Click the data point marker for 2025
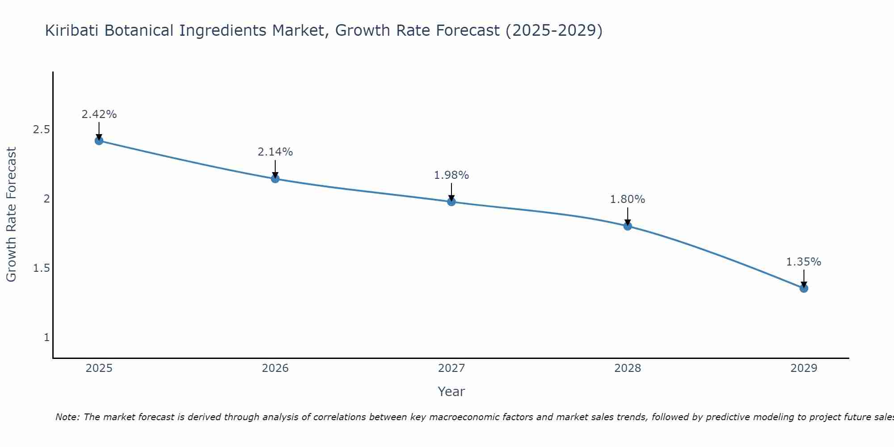click(x=99, y=141)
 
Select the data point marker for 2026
click(x=275, y=179)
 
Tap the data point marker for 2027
click(x=451, y=202)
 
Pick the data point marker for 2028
click(x=628, y=226)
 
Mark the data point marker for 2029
click(x=804, y=288)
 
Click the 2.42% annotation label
click(x=99, y=114)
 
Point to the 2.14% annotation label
click(x=275, y=152)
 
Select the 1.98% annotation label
click(x=451, y=175)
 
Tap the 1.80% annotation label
click(x=628, y=199)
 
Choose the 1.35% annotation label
click(x=804, y=262)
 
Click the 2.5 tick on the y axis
click(x=41, y=130)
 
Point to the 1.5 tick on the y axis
click(x=41, y=268)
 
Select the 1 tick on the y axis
click(x=46, y=337)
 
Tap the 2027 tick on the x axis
click(x=451, y=368)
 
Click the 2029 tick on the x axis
click(x=804, y=368)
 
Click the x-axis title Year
click(x=451, y=392)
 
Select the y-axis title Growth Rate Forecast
click(x=12, y=215)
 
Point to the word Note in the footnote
click(x=67, y=417)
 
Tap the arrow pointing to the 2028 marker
click(x=628, y=217)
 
